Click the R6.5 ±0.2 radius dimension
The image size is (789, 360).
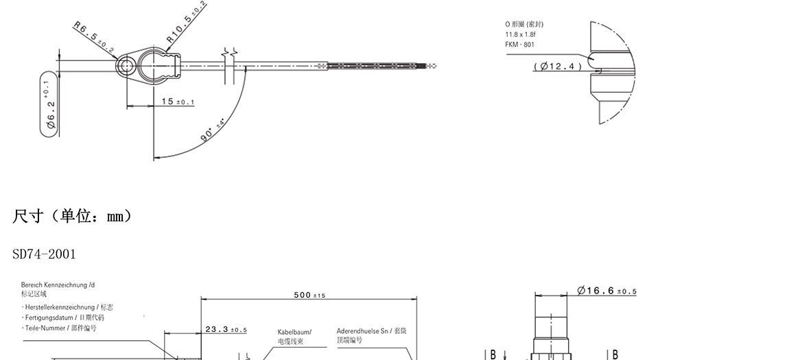(94, 36)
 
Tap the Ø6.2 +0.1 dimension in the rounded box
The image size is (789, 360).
(50, 104)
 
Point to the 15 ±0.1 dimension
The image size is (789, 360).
(178, 101)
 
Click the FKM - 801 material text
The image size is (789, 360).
(520, 45)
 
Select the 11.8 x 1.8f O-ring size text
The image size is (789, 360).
(520, 35)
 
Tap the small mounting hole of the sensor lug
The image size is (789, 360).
(126, 66)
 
